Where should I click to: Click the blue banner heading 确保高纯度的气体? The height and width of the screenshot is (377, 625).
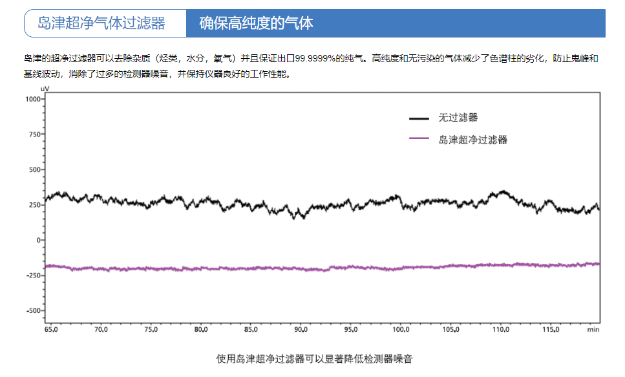pos(256,24)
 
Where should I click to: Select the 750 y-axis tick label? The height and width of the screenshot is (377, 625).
pos(34,135)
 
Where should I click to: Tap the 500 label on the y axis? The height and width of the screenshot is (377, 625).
pos(34,169)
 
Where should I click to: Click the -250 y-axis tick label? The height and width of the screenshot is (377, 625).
pos(32,275)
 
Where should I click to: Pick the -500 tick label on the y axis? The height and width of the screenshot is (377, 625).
pos(32,310)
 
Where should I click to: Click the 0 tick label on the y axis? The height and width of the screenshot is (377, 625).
pos(39,240)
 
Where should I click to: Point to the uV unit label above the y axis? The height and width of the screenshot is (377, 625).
pos(45,89)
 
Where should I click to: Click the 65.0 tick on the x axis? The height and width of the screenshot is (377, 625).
pos(51,330)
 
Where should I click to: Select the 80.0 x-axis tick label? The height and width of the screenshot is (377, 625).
pos(201,330)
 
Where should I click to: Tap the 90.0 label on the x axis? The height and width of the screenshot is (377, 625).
pos(301,330)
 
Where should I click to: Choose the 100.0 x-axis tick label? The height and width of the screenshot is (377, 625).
pos(401,330)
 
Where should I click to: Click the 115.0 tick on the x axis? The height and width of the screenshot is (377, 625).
pos(551,330)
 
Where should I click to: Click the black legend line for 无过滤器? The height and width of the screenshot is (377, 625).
pos(419,118)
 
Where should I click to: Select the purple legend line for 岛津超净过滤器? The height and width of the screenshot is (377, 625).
pos(419,138)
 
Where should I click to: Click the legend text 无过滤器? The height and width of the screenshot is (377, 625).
pos(458,118)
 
